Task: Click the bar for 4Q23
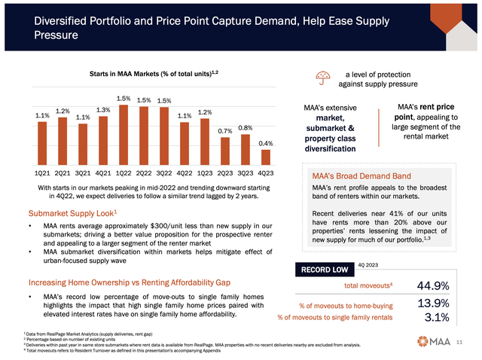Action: pyautogui.click(x=265, y=156)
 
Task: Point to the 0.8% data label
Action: pyautogui.click(x=246, y=129)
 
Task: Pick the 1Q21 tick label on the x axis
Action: pyautogui.click(x=43, y=172)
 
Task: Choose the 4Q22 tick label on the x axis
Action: pyautogui.click(x=185, y=172)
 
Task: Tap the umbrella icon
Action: pyautogui.click(x=323, y=76)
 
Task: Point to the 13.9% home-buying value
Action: pyautogui.click(x=435, y=304)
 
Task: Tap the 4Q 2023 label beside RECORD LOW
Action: pyautogui.click(x=368, y=264)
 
